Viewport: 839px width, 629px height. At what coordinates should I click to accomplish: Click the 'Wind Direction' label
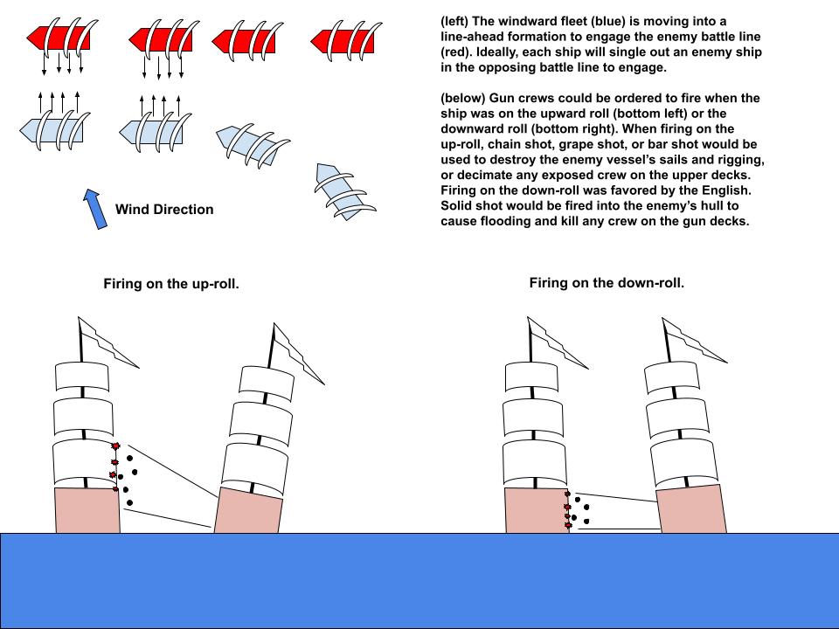[x=164, y=210]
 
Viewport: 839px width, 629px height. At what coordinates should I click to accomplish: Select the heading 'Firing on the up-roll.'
[x=171, y=284]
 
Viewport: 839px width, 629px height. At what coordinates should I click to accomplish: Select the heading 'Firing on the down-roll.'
[x=607, y=283]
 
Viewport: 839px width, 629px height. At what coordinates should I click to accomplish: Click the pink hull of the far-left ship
[x=87, y=510]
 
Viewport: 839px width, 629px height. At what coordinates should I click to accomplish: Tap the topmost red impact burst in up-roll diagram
[x=115, y=446]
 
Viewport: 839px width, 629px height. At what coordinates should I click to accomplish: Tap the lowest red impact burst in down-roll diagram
[x=568, y=526]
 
